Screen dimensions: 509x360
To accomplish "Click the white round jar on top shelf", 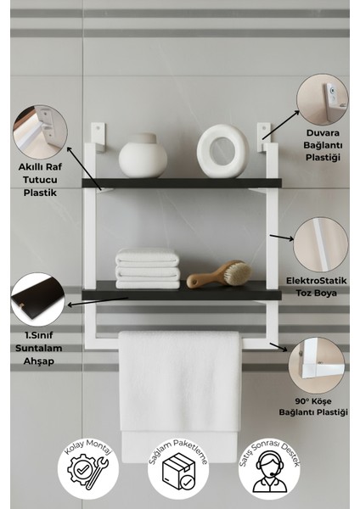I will pos(142,156).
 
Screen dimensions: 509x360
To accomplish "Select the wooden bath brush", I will pos(220,275).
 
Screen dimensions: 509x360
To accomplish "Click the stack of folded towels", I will pos(148,268).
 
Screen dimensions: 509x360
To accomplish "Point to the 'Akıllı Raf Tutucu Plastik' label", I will pos(40,181).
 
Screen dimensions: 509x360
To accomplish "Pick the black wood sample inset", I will pos(37,298).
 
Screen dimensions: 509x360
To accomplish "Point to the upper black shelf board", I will pos(179,182).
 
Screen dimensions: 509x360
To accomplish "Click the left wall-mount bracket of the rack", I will pos(98,134).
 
